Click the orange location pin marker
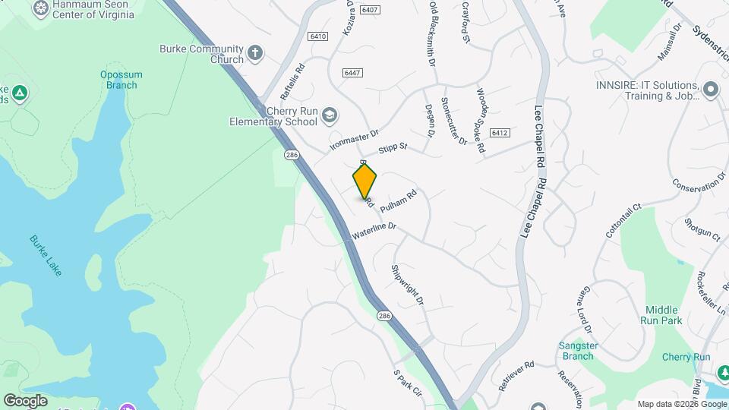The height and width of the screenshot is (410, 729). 364,181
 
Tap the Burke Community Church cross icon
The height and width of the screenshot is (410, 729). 256,53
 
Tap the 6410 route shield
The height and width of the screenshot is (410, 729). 317,36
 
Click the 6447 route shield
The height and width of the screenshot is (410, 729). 352,72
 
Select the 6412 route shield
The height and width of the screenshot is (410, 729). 498,133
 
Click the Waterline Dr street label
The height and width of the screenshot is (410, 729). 375,227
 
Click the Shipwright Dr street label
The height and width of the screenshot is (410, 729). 407,285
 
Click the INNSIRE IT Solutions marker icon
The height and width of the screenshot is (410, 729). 711,90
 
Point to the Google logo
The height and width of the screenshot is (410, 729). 25,400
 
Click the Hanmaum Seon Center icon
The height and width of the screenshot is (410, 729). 41,8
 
